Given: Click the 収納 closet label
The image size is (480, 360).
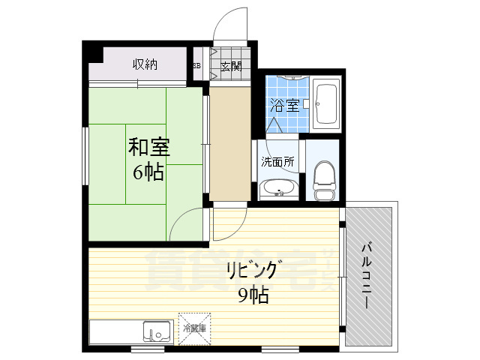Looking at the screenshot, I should point(145,64).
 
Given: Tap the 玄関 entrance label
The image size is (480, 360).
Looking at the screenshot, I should point(231,66).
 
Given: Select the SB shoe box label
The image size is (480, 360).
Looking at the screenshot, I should point(197,66).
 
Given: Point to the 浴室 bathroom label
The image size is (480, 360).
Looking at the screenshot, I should point(285,106).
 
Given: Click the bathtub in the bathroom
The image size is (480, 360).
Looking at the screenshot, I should point(326,104).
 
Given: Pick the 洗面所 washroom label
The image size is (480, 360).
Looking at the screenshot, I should point(277,161).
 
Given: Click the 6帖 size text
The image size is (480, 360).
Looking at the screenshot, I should point(148,172).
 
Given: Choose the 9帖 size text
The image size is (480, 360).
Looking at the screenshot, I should point(253,295).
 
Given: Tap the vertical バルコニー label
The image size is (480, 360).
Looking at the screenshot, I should point(367,275).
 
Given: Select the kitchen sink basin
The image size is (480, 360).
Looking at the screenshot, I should point(157,330).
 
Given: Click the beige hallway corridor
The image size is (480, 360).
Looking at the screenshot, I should point(229,142).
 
